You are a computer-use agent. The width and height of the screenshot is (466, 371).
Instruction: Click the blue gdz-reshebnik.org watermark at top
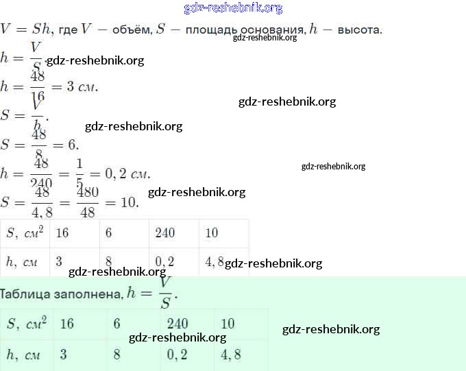pyautogui.click(x=233, y=8)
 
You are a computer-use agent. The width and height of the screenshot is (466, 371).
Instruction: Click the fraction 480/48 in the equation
pyautogui.click(x=87, y=203)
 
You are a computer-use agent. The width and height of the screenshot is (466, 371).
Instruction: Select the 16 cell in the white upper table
pyautogui.click(x=62, y=233)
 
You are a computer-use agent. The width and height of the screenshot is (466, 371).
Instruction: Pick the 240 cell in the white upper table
pyautogui.click(x=165, y=233)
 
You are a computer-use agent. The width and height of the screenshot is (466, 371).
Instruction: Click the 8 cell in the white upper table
pyautogui.click(x=109, y=261)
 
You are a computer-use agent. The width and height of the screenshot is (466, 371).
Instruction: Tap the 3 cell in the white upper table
pyautogui.click(x=59, y=261)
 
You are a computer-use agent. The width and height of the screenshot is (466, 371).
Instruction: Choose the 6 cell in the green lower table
pyautogui.click(x=116, y=324)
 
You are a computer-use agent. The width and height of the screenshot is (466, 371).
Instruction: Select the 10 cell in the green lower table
pyautogui.click(x=228, y=324)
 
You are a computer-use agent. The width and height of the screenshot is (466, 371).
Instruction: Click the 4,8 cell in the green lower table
pyautogui.click(x=231, y=355)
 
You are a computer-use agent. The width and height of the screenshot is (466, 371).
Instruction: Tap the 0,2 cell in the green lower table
pyautogui.click(x=176, y=355)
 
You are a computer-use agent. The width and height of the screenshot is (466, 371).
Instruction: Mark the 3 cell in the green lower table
pyautogui.click(x=63, y=355)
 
